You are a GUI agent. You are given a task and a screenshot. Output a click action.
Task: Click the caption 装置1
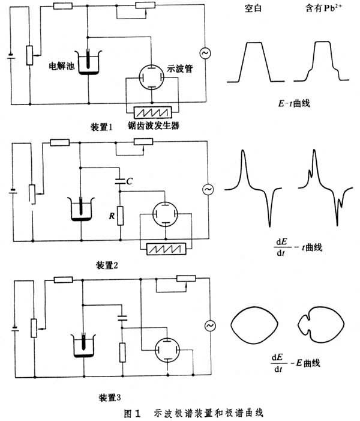click(x=102, y=127)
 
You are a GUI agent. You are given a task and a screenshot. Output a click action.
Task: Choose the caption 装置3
click(x=112, y=397)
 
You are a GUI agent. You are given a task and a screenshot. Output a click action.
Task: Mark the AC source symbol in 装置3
click(x=211, y=326)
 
